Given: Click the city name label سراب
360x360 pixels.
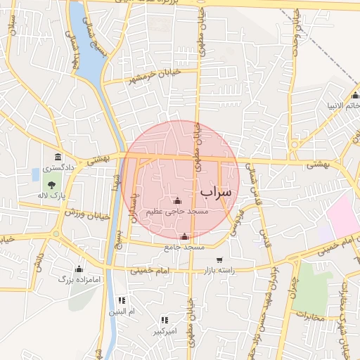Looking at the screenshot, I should [215, 191].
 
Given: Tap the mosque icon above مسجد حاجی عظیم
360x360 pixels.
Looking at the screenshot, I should [176, 201].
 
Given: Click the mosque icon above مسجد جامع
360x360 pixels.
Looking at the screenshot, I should [185, 237].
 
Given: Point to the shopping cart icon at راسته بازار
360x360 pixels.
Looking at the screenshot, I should [219, 260].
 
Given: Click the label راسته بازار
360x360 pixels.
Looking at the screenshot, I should [218, 270].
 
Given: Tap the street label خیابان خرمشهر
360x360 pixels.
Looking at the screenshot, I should [155, 75].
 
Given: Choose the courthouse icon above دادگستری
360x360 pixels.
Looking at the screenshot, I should [57, 157].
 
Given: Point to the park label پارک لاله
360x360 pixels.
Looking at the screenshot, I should [50, 194].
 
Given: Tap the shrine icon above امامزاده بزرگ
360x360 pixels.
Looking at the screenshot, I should [78, 269].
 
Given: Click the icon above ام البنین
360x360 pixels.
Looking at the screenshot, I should [122, 300].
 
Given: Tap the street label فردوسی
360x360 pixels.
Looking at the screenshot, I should [235, 219].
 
